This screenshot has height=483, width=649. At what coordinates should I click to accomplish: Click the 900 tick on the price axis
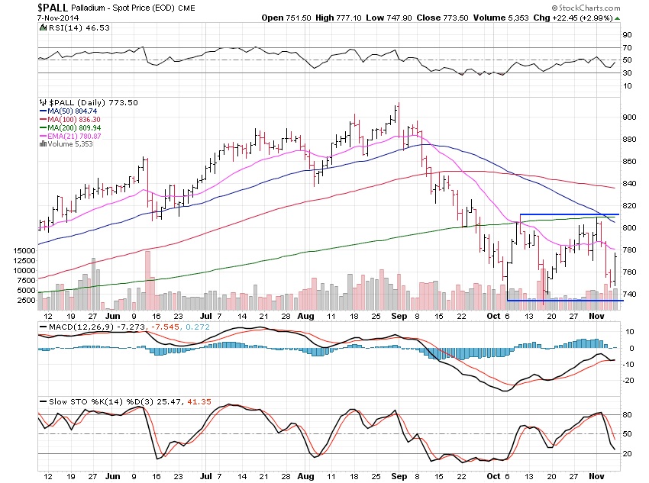tap(629, 117)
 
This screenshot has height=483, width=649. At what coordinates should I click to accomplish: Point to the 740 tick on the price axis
tap(629, 294)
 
